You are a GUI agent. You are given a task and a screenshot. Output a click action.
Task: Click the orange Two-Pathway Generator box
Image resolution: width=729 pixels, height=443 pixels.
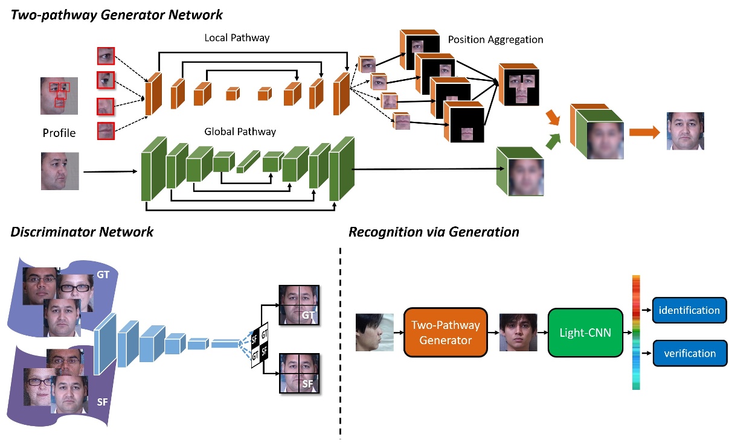coord(445,333)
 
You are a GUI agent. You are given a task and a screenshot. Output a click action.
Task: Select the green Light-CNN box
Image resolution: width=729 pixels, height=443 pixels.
coord(585,333)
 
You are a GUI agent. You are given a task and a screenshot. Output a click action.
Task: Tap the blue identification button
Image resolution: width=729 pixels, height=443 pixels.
coord(689,310)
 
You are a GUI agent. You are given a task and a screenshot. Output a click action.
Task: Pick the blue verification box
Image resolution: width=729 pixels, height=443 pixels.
coord(689,353)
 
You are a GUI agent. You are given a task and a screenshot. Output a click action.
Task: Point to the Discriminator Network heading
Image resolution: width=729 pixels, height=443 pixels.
coord(82,232)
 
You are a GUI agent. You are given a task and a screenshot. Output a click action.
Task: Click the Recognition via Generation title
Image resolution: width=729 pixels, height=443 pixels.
coord(434,232)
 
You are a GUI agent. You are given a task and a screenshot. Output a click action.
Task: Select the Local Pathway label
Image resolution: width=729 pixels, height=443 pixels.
coord(237,38)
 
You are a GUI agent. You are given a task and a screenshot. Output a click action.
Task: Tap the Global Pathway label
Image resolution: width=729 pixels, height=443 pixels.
coord(240,132)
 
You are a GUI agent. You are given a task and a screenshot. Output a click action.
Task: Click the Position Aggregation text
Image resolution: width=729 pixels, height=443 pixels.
coord(495,40)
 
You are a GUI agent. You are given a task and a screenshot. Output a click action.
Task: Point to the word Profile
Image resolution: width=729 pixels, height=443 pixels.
coord(59,133)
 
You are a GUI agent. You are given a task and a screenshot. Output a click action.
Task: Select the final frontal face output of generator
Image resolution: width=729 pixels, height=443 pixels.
coord(685,131)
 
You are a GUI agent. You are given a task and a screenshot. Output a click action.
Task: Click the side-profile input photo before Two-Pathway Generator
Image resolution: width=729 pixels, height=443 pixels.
coord(374,332)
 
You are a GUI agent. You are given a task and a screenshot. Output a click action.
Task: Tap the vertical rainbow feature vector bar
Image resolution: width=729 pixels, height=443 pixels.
coord(636,332)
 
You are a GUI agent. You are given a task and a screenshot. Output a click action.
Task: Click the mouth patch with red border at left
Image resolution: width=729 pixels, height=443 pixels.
coord(106,130)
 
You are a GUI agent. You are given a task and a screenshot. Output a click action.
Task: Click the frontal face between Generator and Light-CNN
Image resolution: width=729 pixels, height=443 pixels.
coord(518,332)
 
